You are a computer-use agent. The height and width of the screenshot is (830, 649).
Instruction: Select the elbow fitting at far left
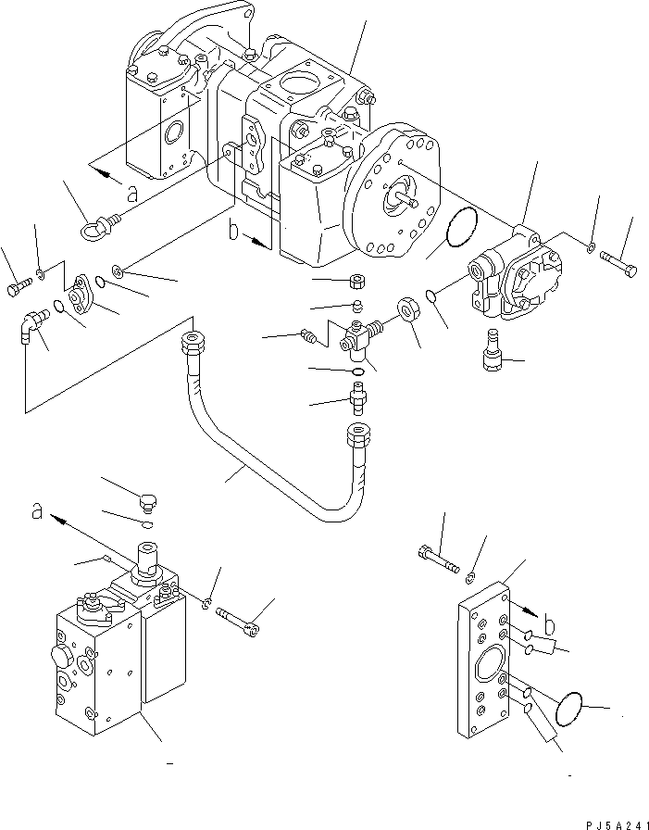pyautogui.click(x=31, y=328)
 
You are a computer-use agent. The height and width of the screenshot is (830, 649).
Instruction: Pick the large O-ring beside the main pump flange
pyautogui.click(x=456, y=229)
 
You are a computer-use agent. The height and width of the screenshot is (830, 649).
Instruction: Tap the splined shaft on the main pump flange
pyautogui.click(x=404, y=194)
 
